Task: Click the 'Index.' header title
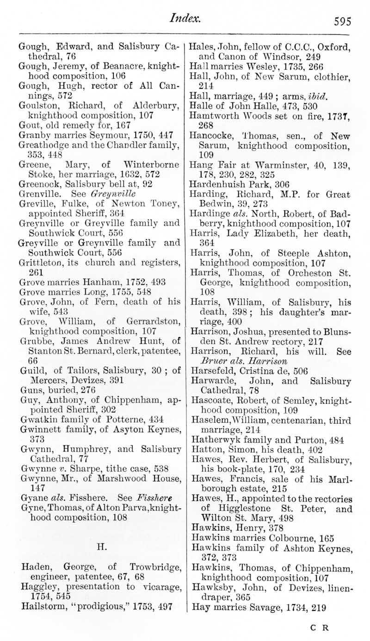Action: pyautogui.click(x=185, y=18)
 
